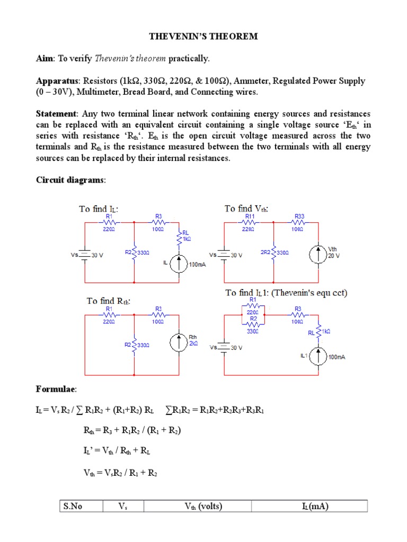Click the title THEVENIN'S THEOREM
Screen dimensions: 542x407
[203, 36]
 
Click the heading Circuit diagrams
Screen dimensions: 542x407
[70, 180]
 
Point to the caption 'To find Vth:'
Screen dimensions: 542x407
[247, 209]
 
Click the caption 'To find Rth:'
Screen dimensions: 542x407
[109, 301]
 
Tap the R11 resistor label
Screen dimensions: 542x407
[250, 216]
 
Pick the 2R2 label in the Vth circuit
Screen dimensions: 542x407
[265, 252]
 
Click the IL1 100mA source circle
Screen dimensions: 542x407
[318, 357]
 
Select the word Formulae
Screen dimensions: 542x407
[56, 390]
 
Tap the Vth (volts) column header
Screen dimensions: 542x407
[203, 507]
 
